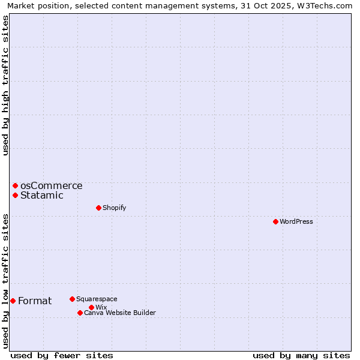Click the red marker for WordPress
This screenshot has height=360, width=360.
[x=275, y=221]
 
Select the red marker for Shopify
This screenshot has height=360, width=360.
[x=98, y=208]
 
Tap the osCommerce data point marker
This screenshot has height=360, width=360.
[x=15, y=186]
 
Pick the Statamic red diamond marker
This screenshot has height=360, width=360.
[x=15, y=195]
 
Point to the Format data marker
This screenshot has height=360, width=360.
[x=13, y=301]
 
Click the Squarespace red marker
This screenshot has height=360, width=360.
[x=72, y=299]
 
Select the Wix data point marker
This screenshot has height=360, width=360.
[x=91, y=307]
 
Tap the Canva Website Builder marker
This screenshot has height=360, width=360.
[x=80, y=313]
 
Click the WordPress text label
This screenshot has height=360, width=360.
[x=296, y=221]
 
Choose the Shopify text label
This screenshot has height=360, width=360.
[x=114, y=208]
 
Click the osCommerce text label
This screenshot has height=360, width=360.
[x=51, y=186]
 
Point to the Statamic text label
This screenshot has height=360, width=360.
[x=42, y=195]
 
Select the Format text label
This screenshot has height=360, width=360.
[x=35, y=301]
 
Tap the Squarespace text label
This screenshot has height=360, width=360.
[x=97, y=299]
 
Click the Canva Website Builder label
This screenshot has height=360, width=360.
[x=120, y=313]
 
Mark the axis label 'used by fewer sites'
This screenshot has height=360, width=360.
[x=62, y=355]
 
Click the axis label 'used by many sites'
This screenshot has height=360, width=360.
[x=301, y=355]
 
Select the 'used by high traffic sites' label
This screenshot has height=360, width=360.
[x=5, y=85]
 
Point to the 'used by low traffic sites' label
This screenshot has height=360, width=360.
[x=5, y=280]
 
